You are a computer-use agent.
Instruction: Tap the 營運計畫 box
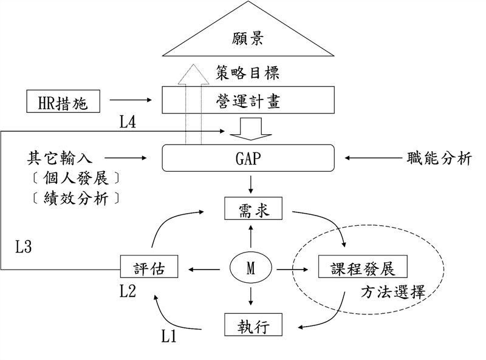pyautogui.click(x=248, y=100)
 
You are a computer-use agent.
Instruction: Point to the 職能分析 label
pyautogui.click(x=439, y=159)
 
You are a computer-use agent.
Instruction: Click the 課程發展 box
pyautogui.click(x=363, y=268)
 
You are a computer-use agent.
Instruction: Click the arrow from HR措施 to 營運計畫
pyautogui.click(x=132, y=101)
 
